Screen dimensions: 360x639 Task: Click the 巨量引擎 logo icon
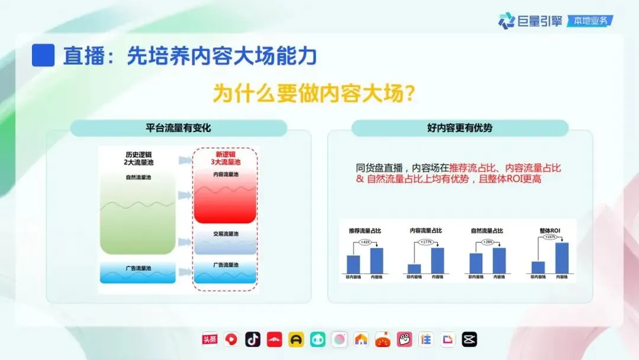[506, 21]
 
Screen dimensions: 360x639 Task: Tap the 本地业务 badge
[590, 21]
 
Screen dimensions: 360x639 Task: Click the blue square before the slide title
[43, 55]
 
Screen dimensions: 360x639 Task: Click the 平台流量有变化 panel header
[178, 128]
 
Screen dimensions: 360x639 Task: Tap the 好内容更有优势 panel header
[460, 128]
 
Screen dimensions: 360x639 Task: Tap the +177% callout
[426, 242]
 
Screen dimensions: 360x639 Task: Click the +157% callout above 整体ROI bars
[549, 237]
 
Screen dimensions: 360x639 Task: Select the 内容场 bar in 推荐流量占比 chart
[376, 261]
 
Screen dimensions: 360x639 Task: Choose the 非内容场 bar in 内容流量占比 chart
[414, 268]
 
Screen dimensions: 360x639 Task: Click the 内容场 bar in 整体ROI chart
[561, 258]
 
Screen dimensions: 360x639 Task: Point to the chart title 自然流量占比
[487, 230]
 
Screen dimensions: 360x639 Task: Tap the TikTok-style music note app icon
[253, 339]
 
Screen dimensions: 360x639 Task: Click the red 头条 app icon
[209, 339]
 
